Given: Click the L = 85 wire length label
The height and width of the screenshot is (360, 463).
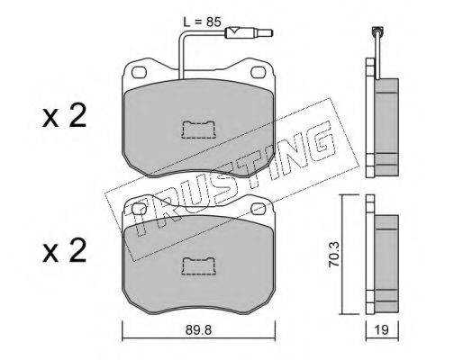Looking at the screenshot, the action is click(x=202, y=22).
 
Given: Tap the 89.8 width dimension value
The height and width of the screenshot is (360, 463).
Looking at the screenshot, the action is click(x=198, y=330).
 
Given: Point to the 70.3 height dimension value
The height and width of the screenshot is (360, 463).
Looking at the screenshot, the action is click(x=334, y=255).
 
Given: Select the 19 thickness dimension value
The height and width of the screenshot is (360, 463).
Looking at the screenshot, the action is click(x=381, y=330).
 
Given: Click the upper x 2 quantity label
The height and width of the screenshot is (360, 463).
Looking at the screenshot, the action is click(x=64, y=116).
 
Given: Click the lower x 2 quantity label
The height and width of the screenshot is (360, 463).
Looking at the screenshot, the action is click(x=64, y=251).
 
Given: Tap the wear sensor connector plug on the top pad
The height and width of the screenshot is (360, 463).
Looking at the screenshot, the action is click(x=249, y=32).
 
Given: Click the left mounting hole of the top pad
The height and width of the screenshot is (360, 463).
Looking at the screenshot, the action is click(x=140, y=72).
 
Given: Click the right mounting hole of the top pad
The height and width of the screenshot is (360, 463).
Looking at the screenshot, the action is click(x=258, y=72).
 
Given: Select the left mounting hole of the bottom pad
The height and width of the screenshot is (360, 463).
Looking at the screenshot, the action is click(x=139, y=209).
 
